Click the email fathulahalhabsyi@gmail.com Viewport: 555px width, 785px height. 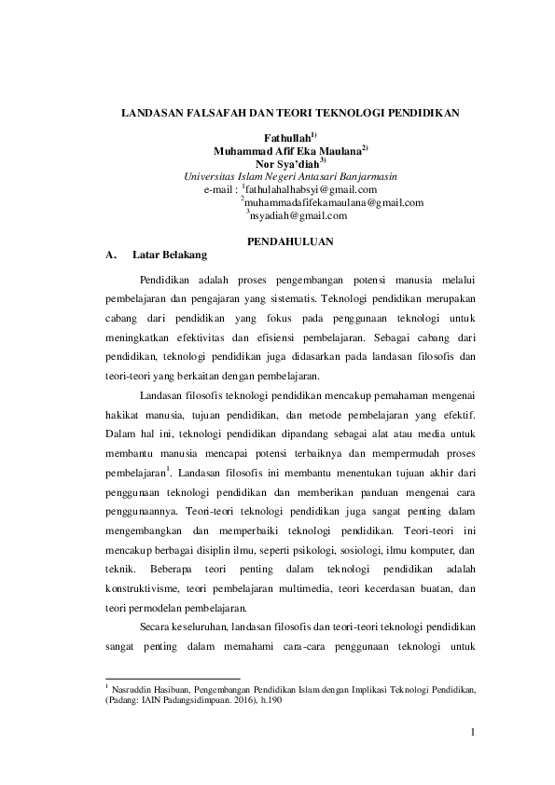(311, 189)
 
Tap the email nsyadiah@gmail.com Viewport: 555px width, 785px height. (298, 215)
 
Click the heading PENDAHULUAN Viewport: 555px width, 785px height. (290, 241)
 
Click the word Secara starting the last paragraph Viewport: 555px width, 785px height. (158, 627)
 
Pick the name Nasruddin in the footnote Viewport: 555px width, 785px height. (134, 690)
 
